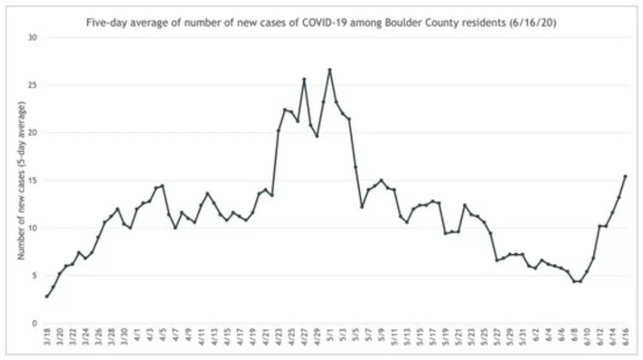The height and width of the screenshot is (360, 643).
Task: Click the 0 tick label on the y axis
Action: (35, 323)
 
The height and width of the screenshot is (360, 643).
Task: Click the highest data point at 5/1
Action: (330, 70)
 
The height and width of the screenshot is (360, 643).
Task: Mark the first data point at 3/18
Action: (47, 296)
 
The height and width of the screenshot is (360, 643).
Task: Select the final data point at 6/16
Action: (626, 176)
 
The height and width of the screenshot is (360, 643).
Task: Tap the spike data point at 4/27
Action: (304, 79)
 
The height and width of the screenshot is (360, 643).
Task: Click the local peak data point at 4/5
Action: (163, 186)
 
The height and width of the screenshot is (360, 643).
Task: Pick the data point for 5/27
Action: (497, 260)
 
